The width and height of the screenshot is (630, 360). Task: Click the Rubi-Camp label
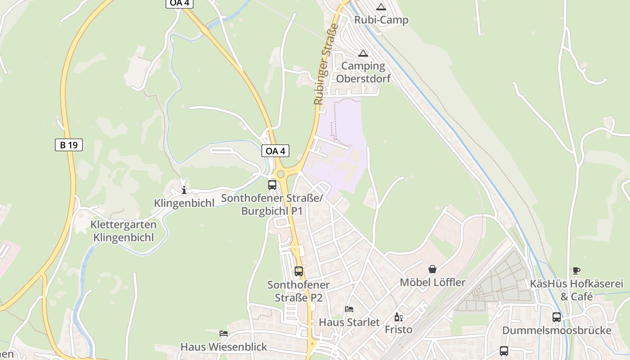click(x=381, y=20)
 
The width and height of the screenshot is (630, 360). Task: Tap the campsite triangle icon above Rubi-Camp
click(x=381, y=7)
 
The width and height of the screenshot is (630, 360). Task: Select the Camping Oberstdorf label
click(x=363, y=72)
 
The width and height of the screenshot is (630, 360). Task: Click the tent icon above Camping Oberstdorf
click(x=363, y=53)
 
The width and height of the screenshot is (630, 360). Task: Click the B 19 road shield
click(x=69, y=145)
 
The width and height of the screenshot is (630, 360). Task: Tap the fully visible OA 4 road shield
click(x=275, y=151)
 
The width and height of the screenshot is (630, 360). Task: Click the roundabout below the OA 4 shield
click(x=281, y=174)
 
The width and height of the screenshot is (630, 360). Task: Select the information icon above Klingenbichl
click(x=184, y=190)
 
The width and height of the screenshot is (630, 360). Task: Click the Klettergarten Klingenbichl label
click(x=123, y=231)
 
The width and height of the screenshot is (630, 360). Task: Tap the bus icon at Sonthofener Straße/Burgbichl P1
click(x=272, y=184)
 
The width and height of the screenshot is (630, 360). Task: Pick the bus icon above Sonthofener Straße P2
click(x=299, y=271)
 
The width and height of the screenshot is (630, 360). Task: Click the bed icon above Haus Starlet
click(x=349, y=309)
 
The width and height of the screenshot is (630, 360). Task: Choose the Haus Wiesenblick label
click(x=224, y=347)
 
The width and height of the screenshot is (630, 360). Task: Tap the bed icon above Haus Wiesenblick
click(x=224, y=333)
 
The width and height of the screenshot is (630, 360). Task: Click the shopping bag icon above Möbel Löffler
click(x=432, y=269)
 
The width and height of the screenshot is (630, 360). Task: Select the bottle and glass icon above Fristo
click(x=398, y=317)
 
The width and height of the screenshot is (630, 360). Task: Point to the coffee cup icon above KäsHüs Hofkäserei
click(x=576, y=270)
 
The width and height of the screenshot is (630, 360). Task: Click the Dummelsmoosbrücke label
click(x=557, y=331)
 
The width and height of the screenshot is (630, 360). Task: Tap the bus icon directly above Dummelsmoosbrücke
click(x=557, y=317)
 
